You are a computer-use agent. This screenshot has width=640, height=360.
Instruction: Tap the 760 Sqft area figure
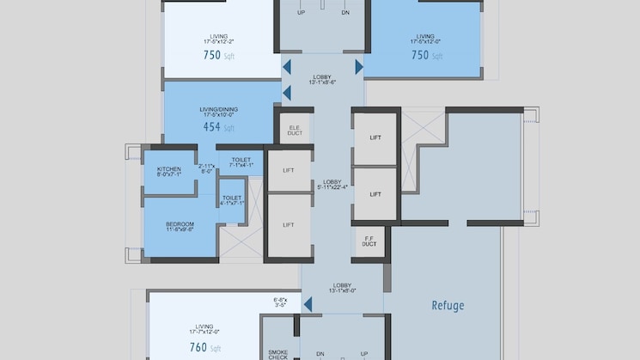pos(204,348)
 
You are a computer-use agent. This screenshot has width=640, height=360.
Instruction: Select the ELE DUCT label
pos(294,131)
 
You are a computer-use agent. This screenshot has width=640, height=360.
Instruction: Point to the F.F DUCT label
pos(369,241)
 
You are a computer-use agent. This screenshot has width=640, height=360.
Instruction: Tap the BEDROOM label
pos(180,227)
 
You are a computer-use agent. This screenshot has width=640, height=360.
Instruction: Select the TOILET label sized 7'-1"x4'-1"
pos(241,162)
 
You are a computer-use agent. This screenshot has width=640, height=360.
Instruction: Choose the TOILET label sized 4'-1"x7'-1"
pos(231,199)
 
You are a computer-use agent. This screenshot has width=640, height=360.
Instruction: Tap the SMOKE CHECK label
pos(277,353)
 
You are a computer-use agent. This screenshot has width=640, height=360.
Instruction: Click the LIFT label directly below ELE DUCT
pos(289,170)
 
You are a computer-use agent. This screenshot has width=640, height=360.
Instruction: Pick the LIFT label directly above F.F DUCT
pos(375,194)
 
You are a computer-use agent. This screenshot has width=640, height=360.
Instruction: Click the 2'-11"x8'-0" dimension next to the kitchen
pos(207,168)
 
